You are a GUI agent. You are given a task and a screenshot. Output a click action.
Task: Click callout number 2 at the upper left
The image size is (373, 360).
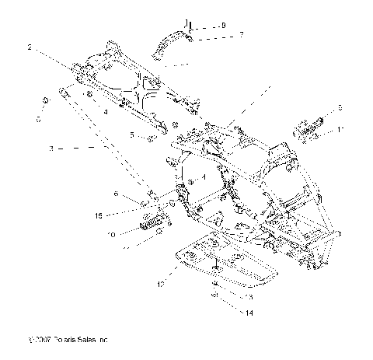coord(30,47)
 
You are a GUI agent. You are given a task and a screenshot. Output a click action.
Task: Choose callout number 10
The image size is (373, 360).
coord(112,233)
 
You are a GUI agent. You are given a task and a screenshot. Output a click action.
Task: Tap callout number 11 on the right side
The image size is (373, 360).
coord(340,130)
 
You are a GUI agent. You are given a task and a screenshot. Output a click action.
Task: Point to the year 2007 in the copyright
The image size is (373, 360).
coord(39,341)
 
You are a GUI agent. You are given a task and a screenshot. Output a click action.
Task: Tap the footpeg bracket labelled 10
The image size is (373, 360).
coord(151,226)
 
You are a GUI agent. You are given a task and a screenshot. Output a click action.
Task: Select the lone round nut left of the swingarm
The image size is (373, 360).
coord(45,100)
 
